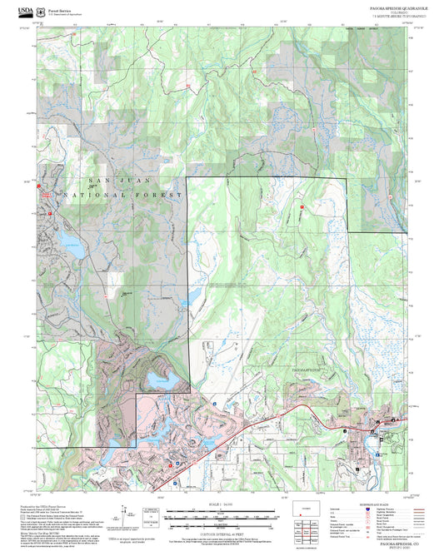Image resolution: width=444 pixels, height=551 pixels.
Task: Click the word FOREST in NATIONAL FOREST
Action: (162, 194)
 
